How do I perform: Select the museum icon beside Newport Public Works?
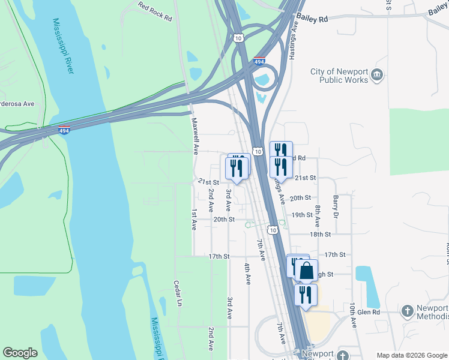point(377,74)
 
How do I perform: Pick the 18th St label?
point(321,235)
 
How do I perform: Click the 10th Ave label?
point(353,314)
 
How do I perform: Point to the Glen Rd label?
point(368,312)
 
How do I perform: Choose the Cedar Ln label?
point(178,293)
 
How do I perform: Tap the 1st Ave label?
point(194,220)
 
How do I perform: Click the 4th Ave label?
point(247,272)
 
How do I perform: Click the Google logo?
point(20,353)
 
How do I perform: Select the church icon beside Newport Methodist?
point(408,310)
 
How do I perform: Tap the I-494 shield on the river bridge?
point(64,130)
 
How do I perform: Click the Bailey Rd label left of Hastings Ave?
point(315,19)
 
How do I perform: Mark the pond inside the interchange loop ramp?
point(262,79)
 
